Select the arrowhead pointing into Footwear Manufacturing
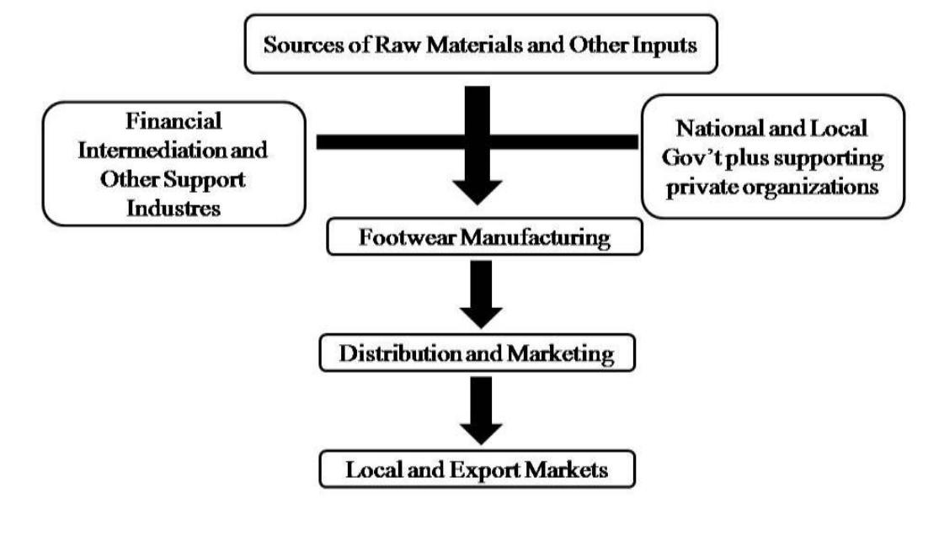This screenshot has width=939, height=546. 478,190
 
